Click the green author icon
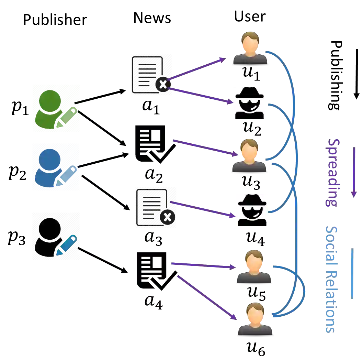click(x=56, y=108)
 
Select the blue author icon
click(x=55, y=167)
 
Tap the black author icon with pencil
click(x=56, y=237)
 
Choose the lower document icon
click(x=157, y=208)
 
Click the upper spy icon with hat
click(x=250, y=103)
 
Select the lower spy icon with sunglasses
click(x=253, y=210)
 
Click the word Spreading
click(x=332, y=173)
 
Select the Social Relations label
click(x=330, y=279)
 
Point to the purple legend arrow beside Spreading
click(x=353, y=172)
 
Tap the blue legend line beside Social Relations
click(x=351, y=273)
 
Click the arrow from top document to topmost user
click(x=196, y=69)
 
